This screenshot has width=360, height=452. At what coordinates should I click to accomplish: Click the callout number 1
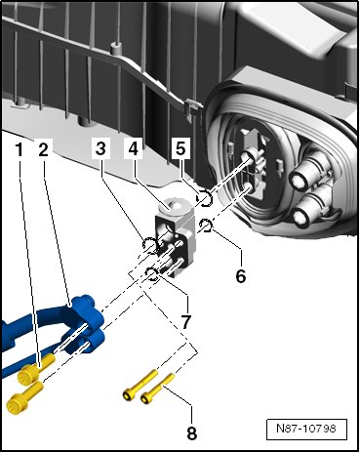(x=20, y=150)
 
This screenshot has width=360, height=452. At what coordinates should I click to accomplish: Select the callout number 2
(x=43, y=150)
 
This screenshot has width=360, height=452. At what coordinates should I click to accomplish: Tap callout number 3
(x=100, y=148)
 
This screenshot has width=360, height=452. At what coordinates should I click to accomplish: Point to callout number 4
(x=134, y=148)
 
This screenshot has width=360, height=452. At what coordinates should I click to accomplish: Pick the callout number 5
(x=180, y=148)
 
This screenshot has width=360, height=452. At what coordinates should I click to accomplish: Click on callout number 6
(x=241, y=276)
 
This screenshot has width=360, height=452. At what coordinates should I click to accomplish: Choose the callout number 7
(x=185, y=321)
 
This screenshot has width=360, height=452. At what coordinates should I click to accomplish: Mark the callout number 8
(x=192, y=433)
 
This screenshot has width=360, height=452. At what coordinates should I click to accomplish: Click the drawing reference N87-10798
(x=306, y=428)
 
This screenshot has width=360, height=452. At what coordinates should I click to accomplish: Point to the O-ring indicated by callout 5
(x=205, y=198)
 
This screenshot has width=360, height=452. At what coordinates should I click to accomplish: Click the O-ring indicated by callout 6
(x=206, y=226)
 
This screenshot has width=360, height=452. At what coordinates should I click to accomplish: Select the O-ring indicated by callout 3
(x=150, y=245)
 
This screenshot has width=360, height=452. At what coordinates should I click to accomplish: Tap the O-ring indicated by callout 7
(x=151, y=273)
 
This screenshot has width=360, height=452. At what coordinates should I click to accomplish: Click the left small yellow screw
(x=140, y=384)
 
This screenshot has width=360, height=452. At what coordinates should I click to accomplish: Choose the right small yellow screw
(x=158, y=389)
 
